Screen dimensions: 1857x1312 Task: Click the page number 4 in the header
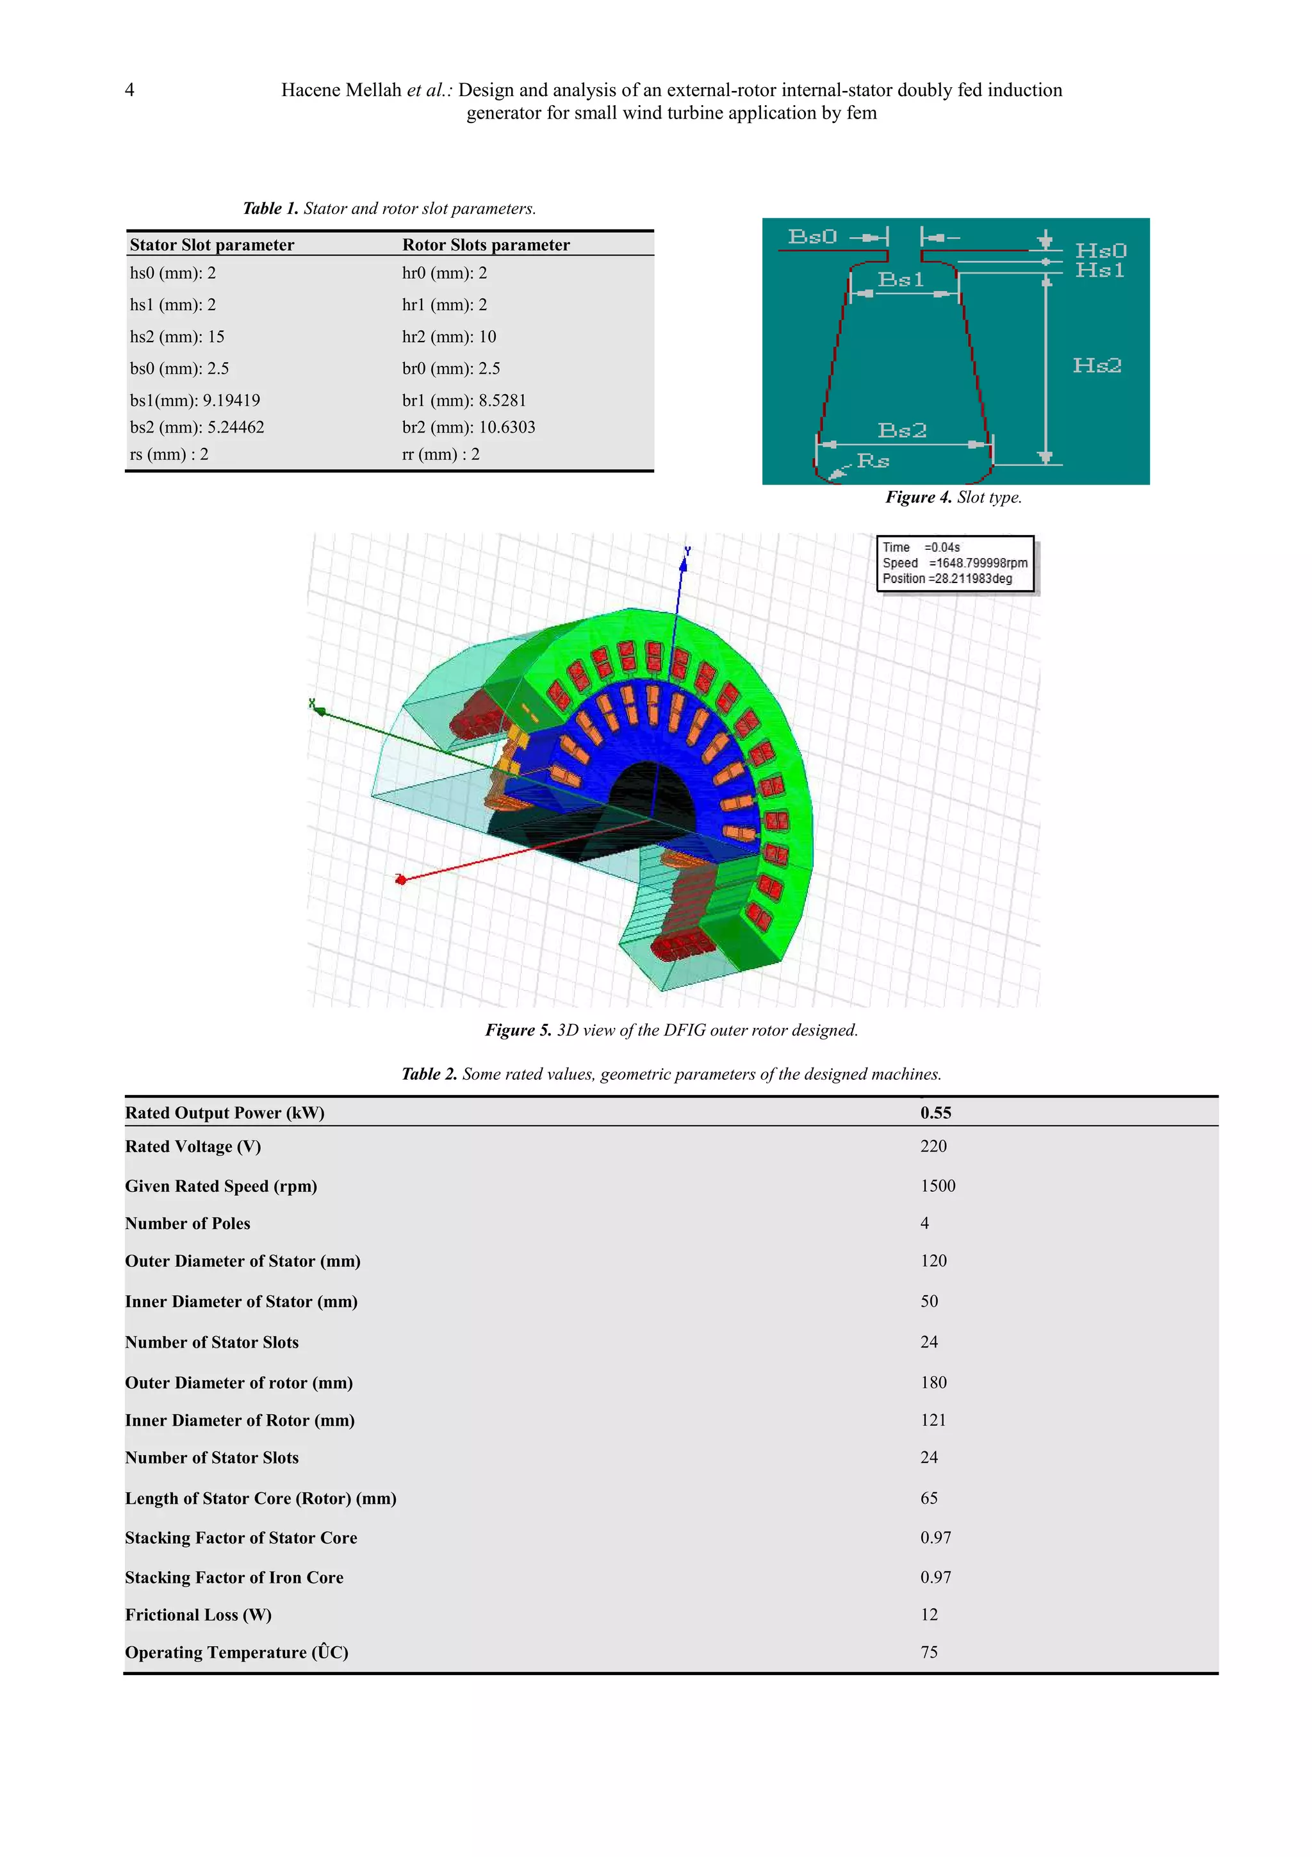[129, 90]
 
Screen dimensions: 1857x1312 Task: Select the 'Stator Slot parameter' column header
[212, 245]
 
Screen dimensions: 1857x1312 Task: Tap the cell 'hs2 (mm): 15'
[177, 336]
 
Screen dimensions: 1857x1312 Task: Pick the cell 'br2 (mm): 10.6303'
[468, 427]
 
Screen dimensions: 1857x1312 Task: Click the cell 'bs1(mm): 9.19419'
[195, 400]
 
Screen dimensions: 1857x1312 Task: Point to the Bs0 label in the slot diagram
[812, 237]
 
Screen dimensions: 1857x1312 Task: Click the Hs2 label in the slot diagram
[1096, 366]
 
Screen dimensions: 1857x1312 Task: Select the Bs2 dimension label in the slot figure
[901, 430]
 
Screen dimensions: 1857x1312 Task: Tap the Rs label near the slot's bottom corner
[873, 461]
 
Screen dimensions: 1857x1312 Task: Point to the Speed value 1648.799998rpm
[978, 563]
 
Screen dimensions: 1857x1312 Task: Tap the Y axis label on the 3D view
[687, 551]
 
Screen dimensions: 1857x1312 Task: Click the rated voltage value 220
[933, 1146]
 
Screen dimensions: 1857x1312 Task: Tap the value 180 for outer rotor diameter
[933, 1382]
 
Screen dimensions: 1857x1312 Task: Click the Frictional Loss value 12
[929, 1614]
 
